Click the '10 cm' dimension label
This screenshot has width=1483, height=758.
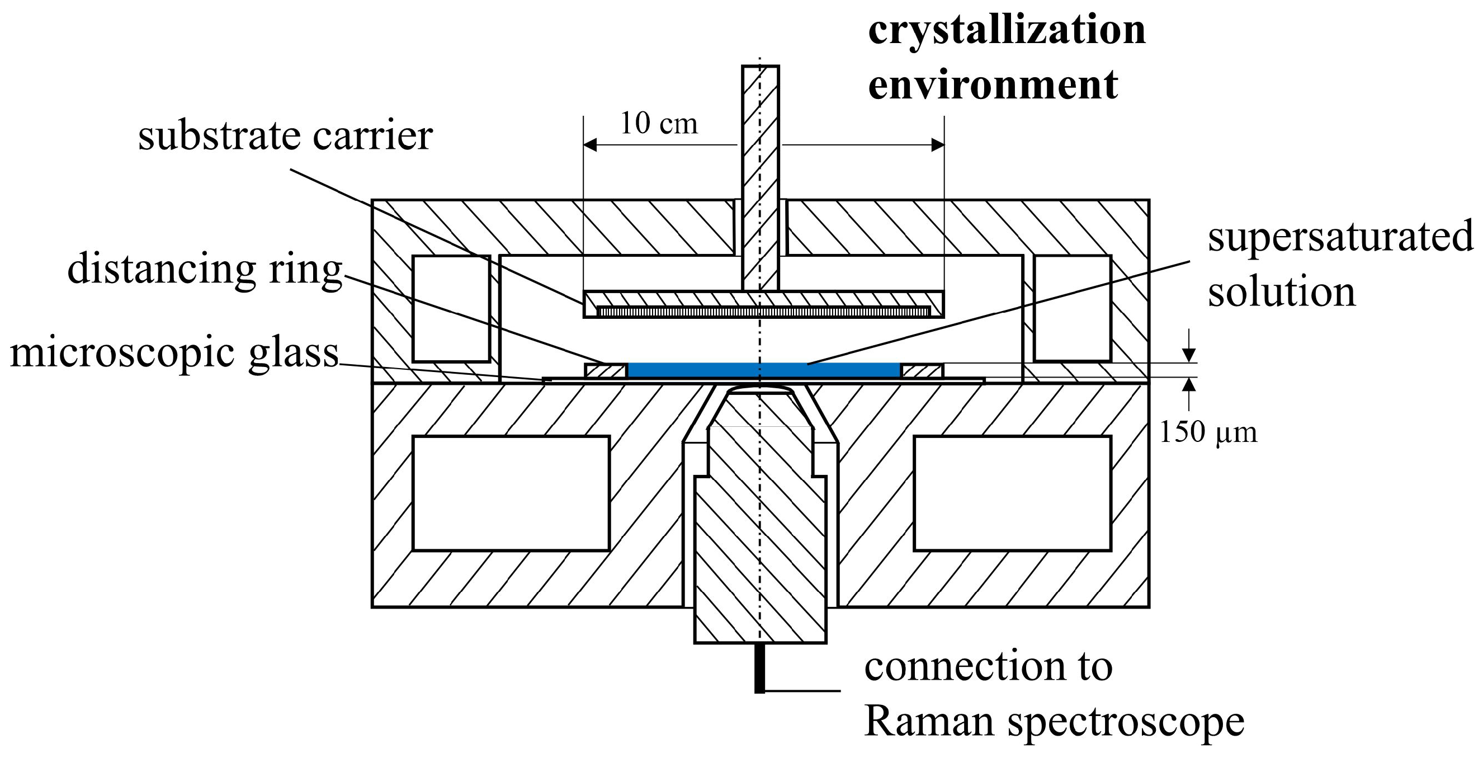coord(659,123)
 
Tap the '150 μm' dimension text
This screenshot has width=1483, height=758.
coord(1207,432)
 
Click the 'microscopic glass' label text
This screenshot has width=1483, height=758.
coord(174,352)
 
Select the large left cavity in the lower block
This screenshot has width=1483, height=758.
coord(511,493)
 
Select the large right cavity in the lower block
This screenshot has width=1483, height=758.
coord(1012,493)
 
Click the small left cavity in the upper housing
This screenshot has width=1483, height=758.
coord(451,308)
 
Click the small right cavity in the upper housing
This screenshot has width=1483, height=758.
coord(1073,308)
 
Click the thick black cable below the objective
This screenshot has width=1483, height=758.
coord(759,668)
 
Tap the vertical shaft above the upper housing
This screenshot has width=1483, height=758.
coord(760,133)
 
